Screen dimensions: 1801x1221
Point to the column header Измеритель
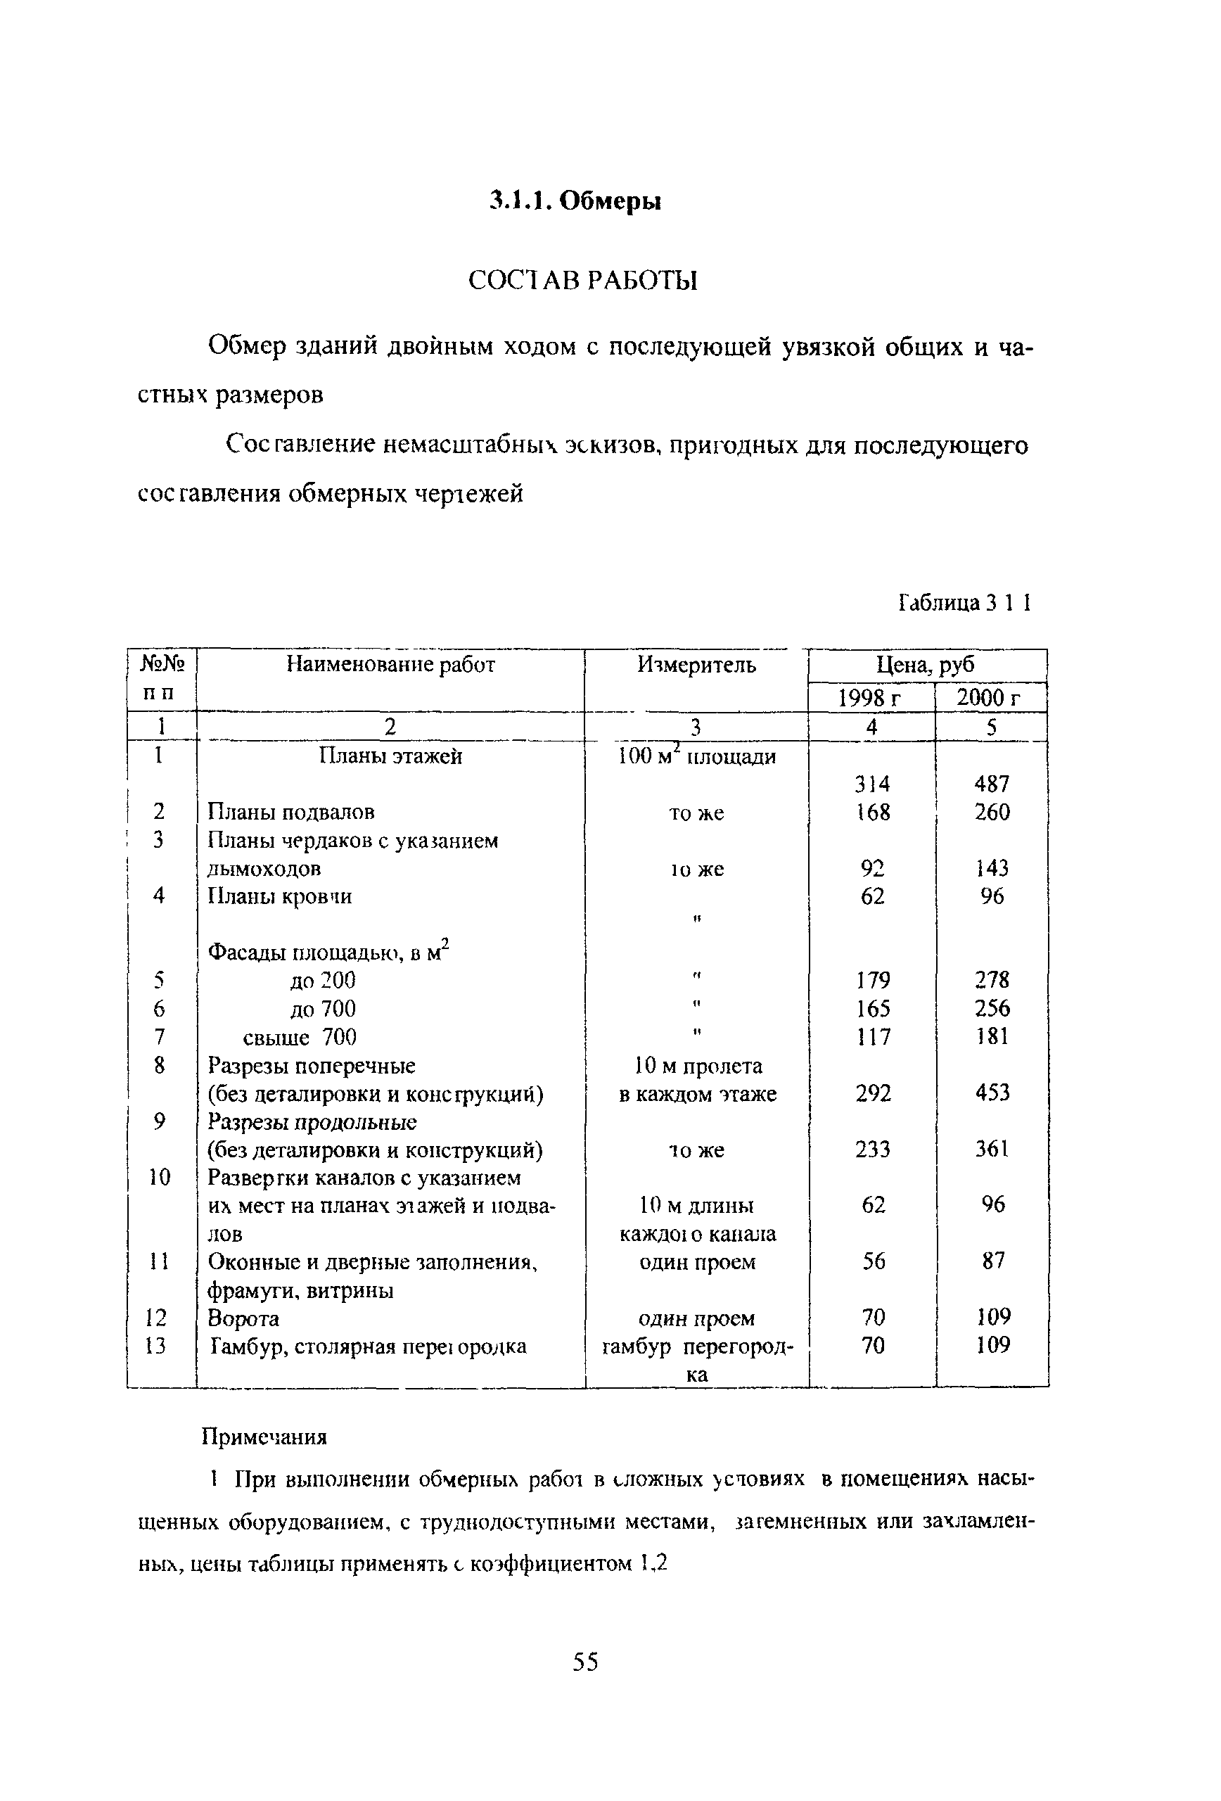[x=696, y=664]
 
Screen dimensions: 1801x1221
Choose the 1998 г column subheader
[x=871, y=697]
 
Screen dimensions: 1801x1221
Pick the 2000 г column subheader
[x=990, y=697]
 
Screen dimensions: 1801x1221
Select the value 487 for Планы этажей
[x=992, y=784]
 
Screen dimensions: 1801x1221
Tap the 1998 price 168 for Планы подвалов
[x=872, y=812]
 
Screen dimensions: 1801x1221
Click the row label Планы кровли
[x=280, y=896]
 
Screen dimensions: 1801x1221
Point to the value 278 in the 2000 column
[x=992, y=980]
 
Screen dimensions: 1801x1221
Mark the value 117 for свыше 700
[x=872, y=1036]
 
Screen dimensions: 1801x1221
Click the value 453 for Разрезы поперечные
[x=992, y=1093]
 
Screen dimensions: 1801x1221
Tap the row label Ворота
[x=243, y=1318]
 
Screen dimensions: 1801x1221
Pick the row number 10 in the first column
[x=159, y=1177]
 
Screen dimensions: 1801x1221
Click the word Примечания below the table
[x=264, y=1437]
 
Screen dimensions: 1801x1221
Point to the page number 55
[x=585, y=1662]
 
